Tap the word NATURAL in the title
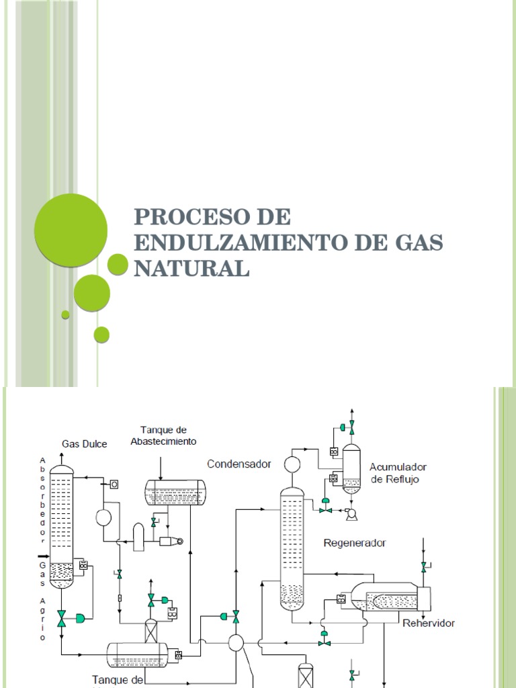point(191,267)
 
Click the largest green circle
point(71,230)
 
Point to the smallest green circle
point(65,314)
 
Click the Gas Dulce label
point(85,443)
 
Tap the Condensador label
point(239,464)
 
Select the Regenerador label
point(355,542)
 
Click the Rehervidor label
point(429,623)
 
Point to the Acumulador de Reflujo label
point(398,472)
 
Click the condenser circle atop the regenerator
point(292,464)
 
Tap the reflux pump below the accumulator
point(350,514)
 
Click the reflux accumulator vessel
point(351,468)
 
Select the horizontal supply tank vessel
point(175,492)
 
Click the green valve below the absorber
point(62,618)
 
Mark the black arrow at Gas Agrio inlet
point(42,556)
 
